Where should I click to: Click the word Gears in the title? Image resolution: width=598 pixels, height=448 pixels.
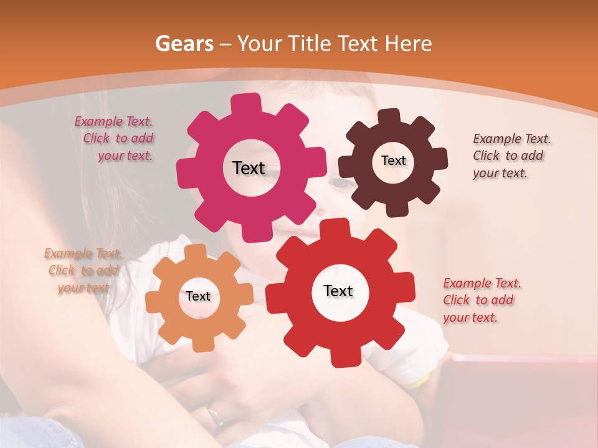coord(183,44)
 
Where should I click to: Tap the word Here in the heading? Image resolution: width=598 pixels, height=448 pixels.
coord(409,44)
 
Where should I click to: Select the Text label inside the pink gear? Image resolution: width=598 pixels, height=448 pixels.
coord(249,168)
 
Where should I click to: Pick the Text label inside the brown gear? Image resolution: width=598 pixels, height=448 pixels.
coord(393,161)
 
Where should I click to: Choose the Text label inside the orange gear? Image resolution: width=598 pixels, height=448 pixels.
coord(197,296)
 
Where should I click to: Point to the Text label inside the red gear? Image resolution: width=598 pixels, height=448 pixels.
coord(338,291)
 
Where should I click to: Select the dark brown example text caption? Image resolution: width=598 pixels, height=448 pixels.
coord(510,156)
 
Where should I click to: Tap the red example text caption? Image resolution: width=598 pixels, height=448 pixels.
coord(480,300)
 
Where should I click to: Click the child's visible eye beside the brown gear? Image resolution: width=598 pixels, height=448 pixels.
coord(340,184)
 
